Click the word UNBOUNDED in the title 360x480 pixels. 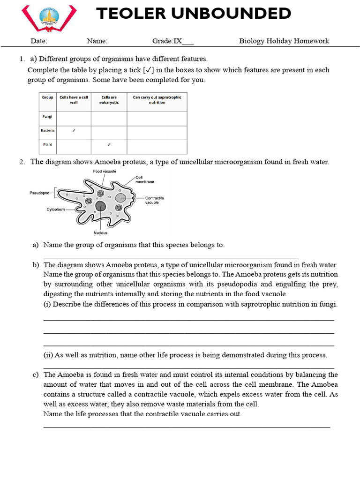pos(231,14)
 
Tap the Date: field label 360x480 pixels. pos(39,41)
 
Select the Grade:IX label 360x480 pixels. pos(167,41)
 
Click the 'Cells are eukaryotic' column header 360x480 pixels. pos(109,100)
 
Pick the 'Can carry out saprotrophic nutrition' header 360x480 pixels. pos(157,100)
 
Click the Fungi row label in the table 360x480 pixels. pos(47,116)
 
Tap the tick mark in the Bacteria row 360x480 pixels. pos(74,130)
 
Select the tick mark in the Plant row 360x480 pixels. pos(109,144)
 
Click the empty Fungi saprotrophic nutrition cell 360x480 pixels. pos(157,119)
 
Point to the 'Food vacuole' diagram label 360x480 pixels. pos(105,172)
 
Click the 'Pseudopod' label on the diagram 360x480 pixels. pos(39,192)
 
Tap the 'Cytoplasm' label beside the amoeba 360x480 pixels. pos(55,209)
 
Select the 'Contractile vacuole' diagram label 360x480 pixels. pos(154,200)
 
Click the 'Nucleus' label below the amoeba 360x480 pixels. pos(100,232)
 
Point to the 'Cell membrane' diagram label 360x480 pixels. pos(144,179)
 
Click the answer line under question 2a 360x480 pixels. pos(171,257)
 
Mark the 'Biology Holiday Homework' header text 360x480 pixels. pos(284,41)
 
